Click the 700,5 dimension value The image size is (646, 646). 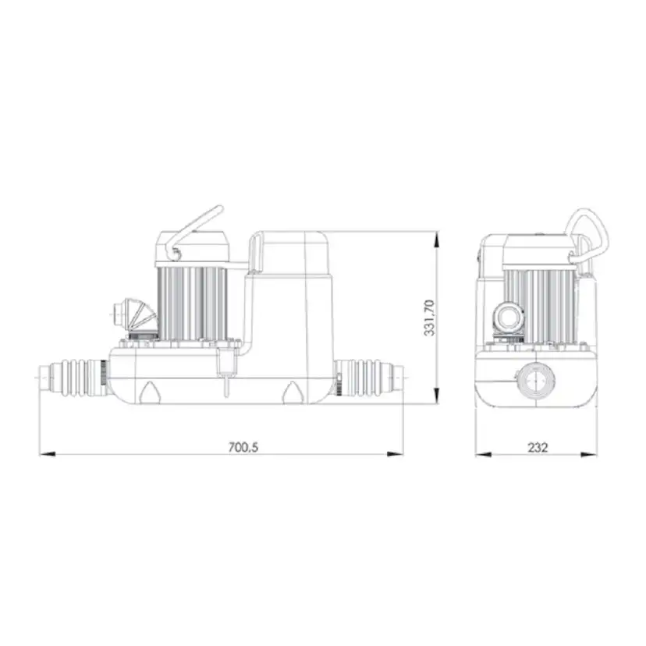coord(243,447)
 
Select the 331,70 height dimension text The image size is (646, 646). coord(429,318)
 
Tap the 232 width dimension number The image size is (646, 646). coord(538,447)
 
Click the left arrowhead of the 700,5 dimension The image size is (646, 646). coord(47,454)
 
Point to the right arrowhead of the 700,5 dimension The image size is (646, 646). coord(395,454)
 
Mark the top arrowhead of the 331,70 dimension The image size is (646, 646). coord(437,240)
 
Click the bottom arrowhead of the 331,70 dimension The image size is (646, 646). coord(437,396)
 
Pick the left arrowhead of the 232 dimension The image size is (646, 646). coord(483,454)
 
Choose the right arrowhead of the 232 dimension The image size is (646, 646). coord(589,454)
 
